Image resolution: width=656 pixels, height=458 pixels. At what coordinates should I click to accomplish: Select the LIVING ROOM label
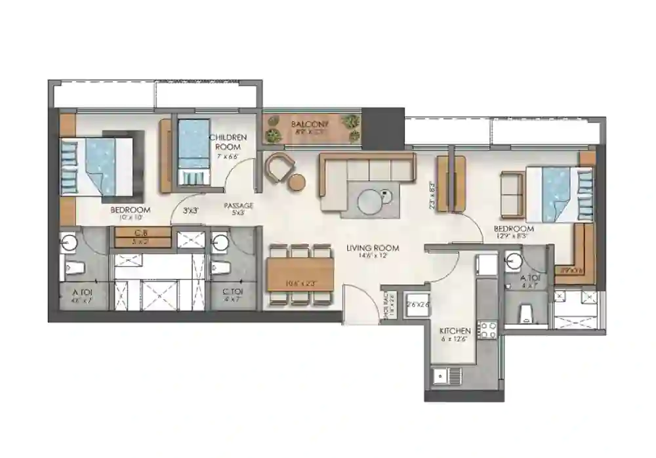tap(373, 248)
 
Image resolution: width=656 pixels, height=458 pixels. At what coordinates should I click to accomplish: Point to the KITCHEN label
tap(455, 330)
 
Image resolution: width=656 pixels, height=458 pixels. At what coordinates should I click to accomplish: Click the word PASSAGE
tap(239, 205)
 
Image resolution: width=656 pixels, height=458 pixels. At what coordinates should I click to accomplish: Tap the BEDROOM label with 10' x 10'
tap(131, 210)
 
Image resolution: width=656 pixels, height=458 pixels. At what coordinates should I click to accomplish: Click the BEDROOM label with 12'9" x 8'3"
tap(514, 229)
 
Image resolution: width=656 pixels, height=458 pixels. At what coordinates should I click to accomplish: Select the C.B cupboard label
tap(139, 233)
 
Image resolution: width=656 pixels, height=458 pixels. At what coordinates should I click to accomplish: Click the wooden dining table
tap(300, 274)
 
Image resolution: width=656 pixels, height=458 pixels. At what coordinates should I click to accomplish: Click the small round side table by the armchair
tap(297, 182)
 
